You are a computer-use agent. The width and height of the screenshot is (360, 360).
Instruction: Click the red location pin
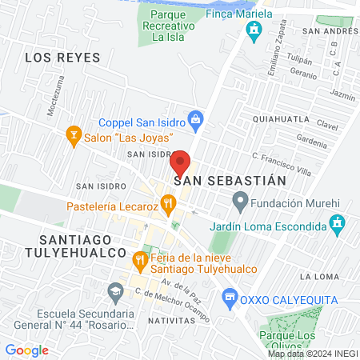tap(180, 164)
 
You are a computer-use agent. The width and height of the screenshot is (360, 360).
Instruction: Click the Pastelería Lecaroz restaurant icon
tap(167, 205)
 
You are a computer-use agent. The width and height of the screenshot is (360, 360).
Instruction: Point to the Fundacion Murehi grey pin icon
tap(238, 200)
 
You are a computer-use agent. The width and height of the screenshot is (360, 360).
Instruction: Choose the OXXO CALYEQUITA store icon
tap(230, 296)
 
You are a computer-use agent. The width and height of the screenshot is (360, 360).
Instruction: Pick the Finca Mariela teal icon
tap(254, 31)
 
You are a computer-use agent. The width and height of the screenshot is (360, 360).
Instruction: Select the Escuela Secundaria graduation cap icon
tap(116, 290)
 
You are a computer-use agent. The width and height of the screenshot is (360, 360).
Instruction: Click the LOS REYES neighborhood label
tap(62, 58)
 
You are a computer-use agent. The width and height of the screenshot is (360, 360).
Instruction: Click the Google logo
tap(26, 350)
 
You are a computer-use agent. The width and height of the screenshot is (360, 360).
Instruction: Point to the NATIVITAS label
tap(170, 319)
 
